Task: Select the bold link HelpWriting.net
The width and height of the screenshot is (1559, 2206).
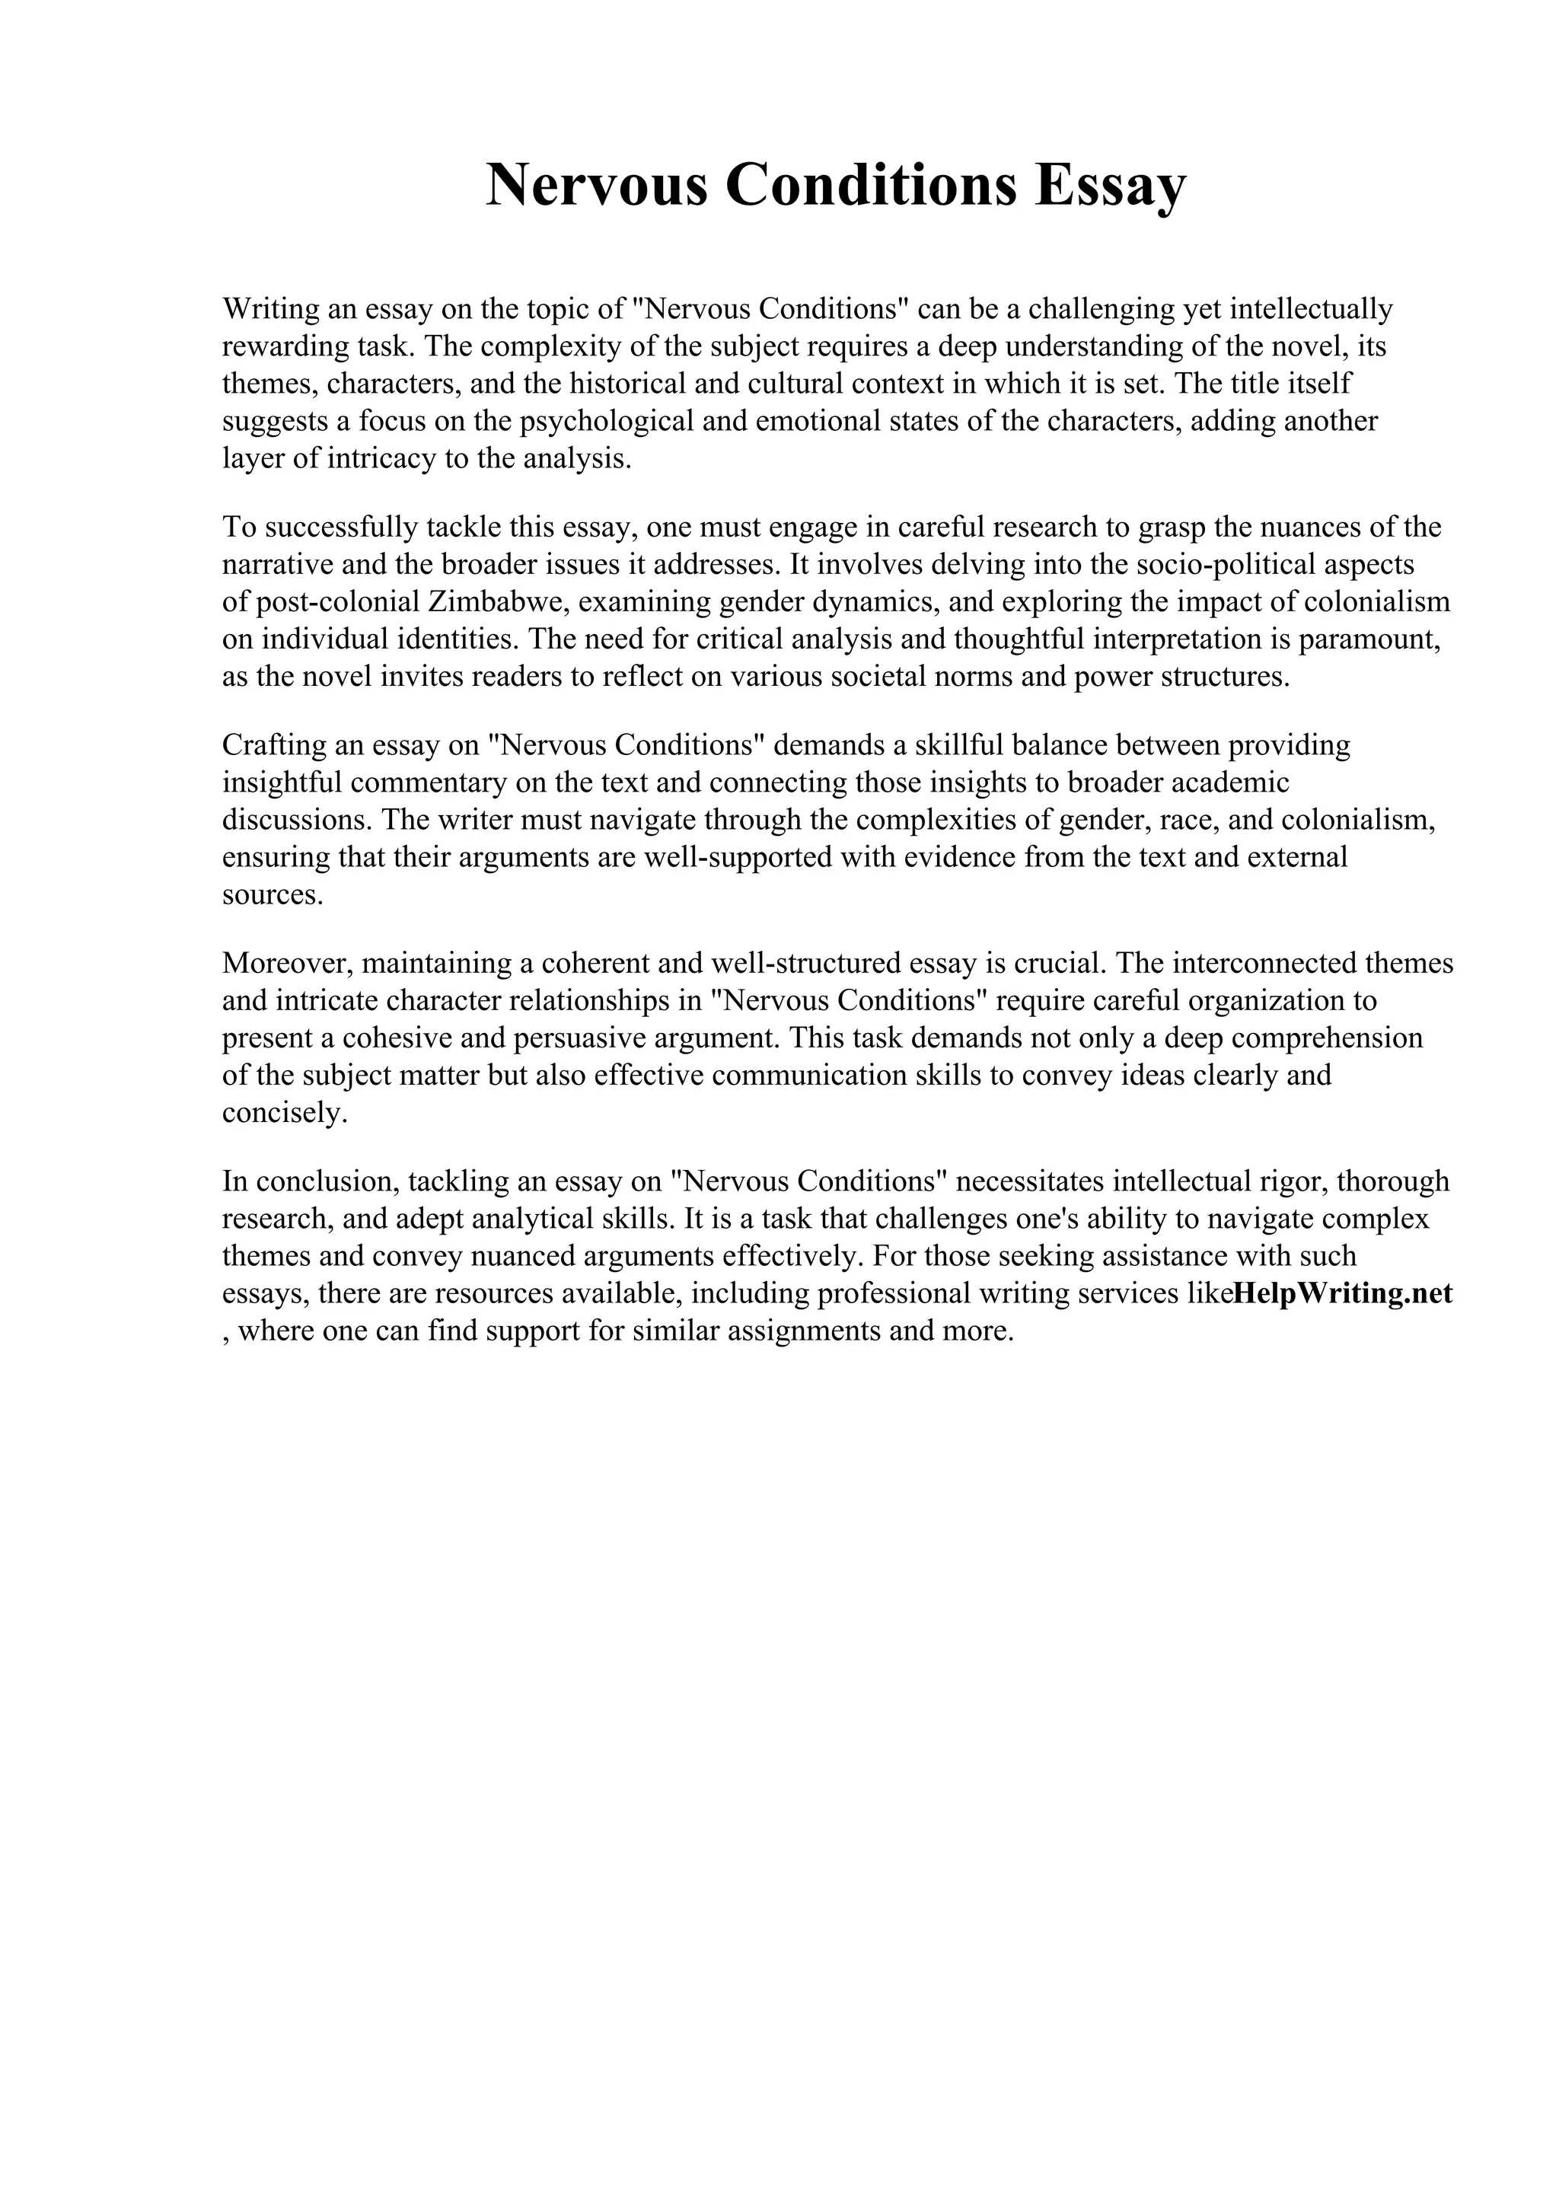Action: click(1342, 1294)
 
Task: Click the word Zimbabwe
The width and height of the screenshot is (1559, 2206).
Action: click(499, 602)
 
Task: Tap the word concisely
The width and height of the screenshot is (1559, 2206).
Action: click(283, 1113)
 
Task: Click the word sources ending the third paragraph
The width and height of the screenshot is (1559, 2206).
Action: click(273, 895)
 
